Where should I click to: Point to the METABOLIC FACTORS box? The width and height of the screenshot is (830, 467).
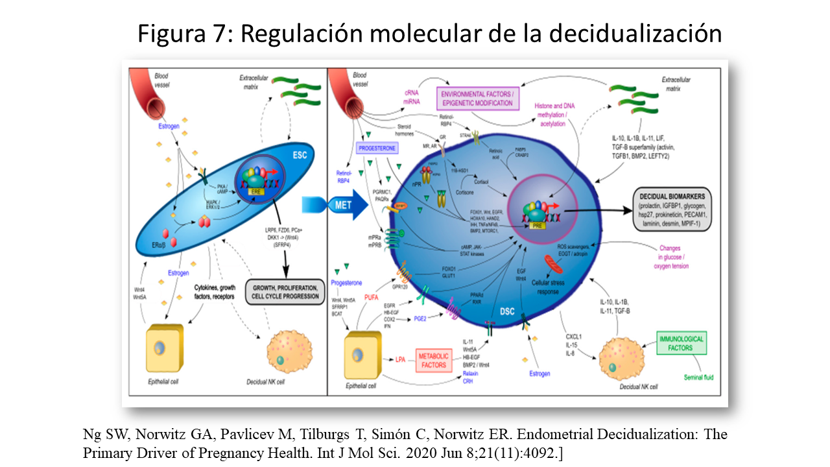pos(433,361)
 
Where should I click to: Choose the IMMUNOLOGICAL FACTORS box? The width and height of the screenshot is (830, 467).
pos(681,343)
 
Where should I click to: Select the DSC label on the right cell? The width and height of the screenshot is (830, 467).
pos(507,312)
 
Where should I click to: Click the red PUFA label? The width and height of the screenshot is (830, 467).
pos(372,297)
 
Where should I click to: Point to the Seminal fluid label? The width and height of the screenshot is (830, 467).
pos(699,377)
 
